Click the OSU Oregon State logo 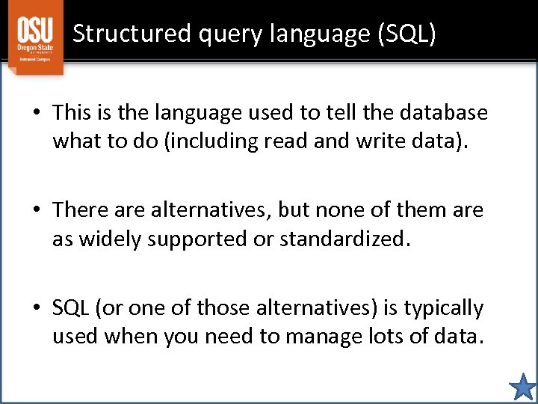pos(35,37)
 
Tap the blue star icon pos(522,388)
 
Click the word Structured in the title pos(130,34)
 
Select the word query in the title pos(223,34)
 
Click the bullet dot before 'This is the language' pos(36,114)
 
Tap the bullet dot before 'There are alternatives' pos(36,211)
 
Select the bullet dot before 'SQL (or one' pos(36,308)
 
